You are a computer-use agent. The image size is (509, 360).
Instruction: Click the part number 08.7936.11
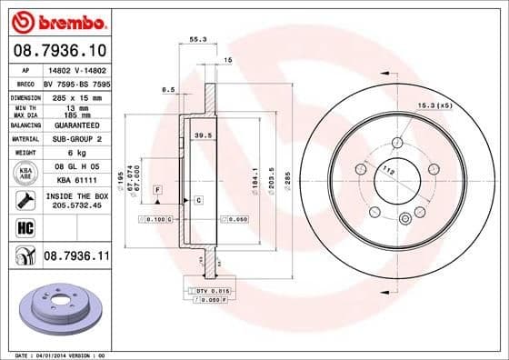tap(75, 257)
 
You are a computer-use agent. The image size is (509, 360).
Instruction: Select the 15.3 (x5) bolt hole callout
tap(434, 106)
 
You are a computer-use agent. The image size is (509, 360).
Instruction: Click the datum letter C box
tap(197, 199)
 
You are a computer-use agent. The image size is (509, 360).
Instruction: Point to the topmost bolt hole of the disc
tap(397, 141)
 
